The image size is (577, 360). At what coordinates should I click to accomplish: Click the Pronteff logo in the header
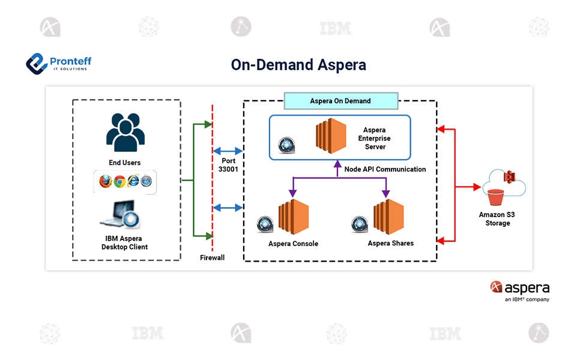58,63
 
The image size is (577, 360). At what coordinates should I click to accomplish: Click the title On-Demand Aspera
298,65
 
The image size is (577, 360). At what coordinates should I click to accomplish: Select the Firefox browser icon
106,181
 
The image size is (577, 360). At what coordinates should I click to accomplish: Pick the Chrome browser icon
119,181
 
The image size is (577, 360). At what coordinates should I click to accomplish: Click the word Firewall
212,257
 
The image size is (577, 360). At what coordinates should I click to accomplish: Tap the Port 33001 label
228,165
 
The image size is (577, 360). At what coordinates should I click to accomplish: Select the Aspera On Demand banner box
340,101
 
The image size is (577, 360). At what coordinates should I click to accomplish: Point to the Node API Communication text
385,169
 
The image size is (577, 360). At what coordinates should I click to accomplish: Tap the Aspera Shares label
390,243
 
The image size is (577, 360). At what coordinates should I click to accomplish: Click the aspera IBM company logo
519,290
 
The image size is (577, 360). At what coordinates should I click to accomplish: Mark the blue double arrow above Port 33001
228,151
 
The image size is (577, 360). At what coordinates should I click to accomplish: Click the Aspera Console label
293,244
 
